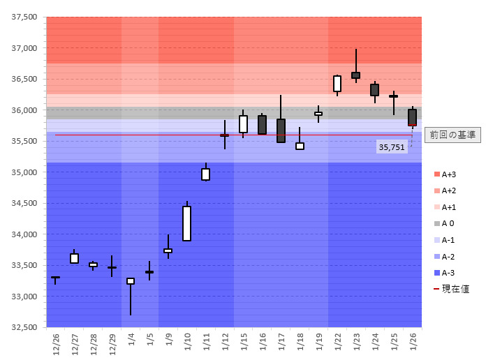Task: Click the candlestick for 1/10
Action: pyautogui.click(x=186, y=223)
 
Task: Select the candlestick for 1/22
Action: pyautogui.click(x=337, y=84)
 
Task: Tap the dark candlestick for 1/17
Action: pyautogui.click(x=281, y=130)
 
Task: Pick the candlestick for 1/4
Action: pyautogui.click(x=131, y=281)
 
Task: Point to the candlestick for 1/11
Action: pyautogui.click(x=205, y=174)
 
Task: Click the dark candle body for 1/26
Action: pyautogui.click(x=412, y=117)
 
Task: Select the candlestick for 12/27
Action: pyautogui.click(x=74, y=258)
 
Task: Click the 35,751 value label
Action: pyautogui.click(x=392, y=147)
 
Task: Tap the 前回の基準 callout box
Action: pyautogui.click(x=452, y=135)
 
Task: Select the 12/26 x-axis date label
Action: pyautogui.click(x=56, y=343)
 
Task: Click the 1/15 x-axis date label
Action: pyautogui.click(x=244, y=343)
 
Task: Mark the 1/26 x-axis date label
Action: pyautogui.click(x=413, y=343)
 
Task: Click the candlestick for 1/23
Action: pyautogui.click(x=356, y=75)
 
